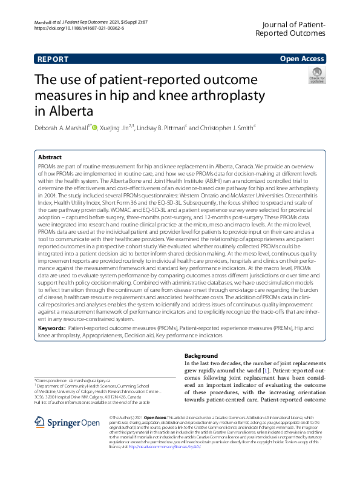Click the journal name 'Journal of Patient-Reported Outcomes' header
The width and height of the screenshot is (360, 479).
coord(292,28)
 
